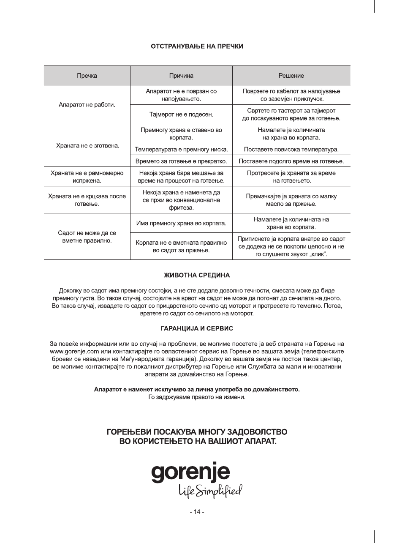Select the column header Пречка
point(87,76)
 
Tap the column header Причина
point(181,76)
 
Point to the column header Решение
point(291,76)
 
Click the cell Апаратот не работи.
point(87,104)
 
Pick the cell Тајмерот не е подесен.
point(181,114)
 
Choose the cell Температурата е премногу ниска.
point(181,149)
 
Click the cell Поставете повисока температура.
point(291,149)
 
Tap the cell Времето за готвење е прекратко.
point(181,161)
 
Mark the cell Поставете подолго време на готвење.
point(291,161)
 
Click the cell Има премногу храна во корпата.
point(181,223)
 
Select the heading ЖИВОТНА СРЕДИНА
point(197,276)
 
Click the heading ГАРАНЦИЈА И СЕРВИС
point(197,328)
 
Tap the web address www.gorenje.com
point(74,351)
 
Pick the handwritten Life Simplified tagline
point(210,490)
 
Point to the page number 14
point(197,512)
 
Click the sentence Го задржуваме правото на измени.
point(197,397)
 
